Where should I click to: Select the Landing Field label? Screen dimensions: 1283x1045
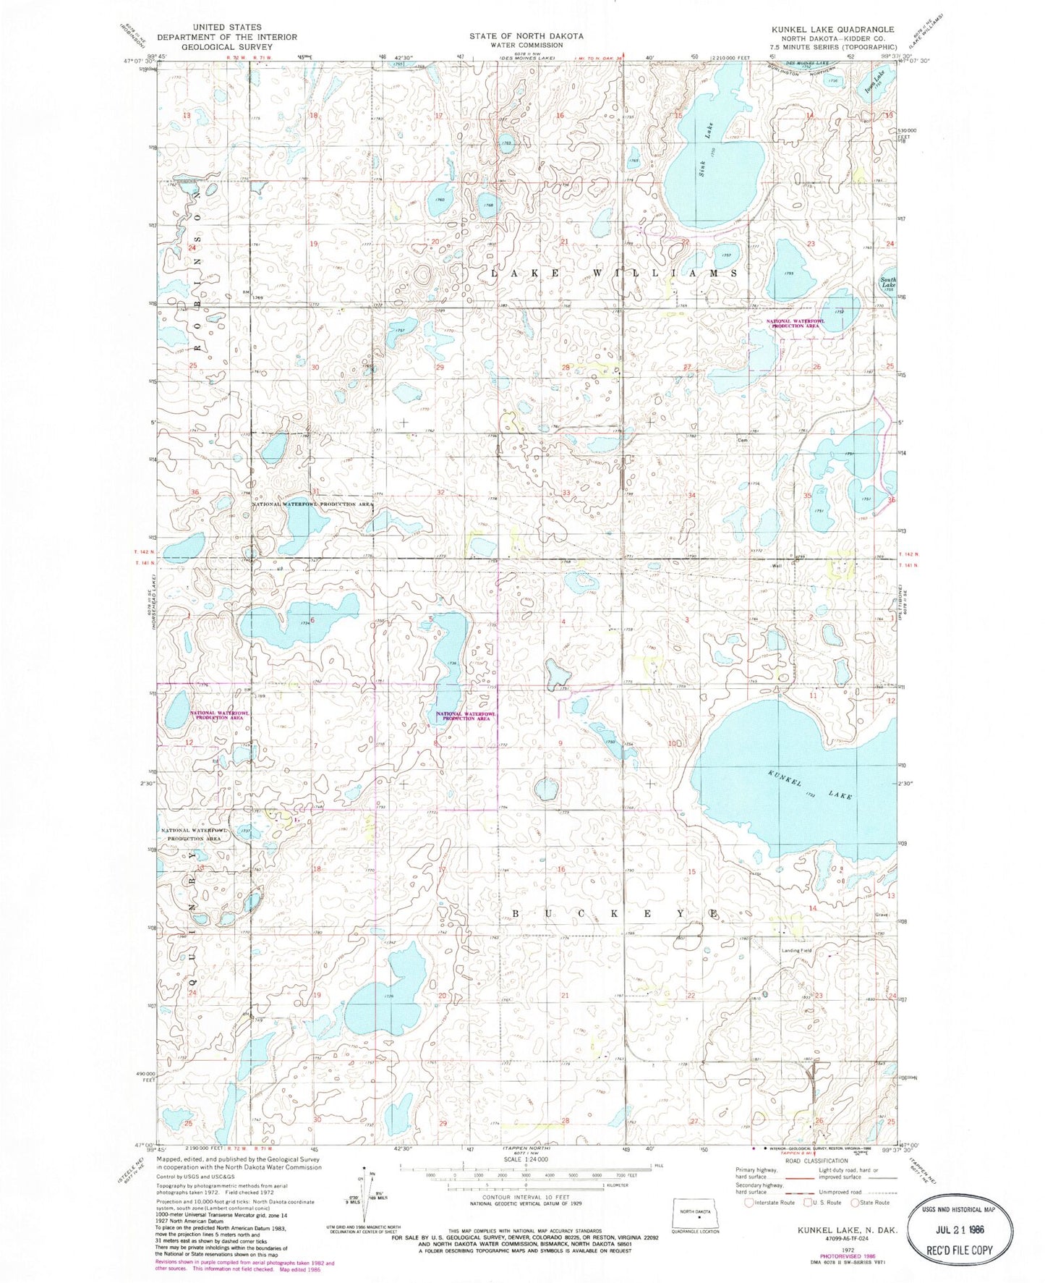pos(796,950)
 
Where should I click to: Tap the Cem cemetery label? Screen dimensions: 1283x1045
pos(741,439)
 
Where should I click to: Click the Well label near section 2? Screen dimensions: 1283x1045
pos(777,566)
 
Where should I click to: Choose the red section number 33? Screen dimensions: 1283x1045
pos(566,493)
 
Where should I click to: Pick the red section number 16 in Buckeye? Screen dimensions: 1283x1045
pos(560,869)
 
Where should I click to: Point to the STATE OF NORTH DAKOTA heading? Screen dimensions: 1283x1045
pos(526,35)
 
